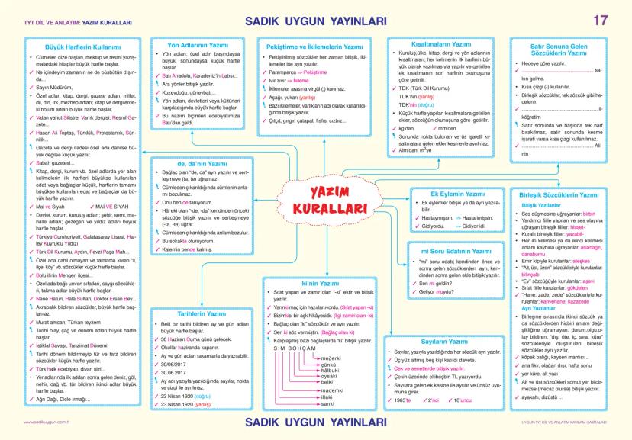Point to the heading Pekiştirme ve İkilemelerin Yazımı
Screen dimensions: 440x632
314,47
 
